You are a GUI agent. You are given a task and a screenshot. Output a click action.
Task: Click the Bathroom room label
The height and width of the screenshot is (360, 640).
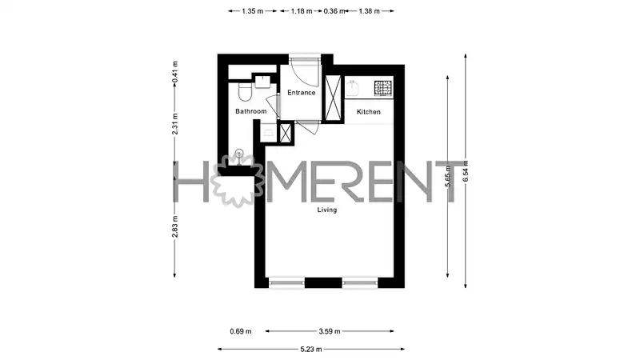(251, 111)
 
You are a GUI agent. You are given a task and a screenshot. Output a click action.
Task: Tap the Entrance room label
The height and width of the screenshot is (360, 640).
(302, 93)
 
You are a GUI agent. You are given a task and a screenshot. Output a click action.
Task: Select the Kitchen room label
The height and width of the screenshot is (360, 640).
(369, 112)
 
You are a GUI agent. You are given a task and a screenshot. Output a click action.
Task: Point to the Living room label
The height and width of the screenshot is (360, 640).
(327, 210)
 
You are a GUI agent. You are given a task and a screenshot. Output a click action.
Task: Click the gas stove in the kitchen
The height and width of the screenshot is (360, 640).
(383, 88)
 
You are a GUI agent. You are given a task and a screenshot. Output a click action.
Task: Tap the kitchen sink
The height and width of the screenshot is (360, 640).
(352, 89)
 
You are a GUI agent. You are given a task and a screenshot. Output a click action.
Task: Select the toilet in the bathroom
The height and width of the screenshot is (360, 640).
(245, 92)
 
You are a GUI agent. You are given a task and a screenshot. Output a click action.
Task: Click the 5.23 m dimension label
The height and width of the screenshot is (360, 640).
(311, 350)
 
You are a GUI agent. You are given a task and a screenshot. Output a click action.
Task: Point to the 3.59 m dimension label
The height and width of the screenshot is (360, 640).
(330, 331)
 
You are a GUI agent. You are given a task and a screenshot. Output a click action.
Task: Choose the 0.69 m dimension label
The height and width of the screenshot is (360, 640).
(241, 331)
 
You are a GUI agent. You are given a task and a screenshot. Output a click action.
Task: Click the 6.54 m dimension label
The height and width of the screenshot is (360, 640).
(466, 171)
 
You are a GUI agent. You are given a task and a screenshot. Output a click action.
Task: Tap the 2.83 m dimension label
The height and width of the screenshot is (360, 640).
(174, 226)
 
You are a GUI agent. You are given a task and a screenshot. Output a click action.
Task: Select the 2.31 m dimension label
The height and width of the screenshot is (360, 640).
(174, 124)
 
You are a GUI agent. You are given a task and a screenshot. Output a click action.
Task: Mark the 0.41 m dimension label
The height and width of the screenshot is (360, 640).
(174, 72)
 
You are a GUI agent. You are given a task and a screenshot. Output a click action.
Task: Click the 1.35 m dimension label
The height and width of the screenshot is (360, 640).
(252, 11)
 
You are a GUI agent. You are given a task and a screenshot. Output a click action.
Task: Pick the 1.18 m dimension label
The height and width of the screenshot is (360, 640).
(302, 11)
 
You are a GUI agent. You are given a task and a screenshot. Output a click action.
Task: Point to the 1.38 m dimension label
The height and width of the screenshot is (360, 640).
(369, 11)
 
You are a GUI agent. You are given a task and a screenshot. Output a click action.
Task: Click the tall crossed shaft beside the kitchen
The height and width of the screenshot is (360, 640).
(333, 98)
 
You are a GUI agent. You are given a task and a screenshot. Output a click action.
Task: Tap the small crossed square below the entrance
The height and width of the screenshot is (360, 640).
(285, 133)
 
